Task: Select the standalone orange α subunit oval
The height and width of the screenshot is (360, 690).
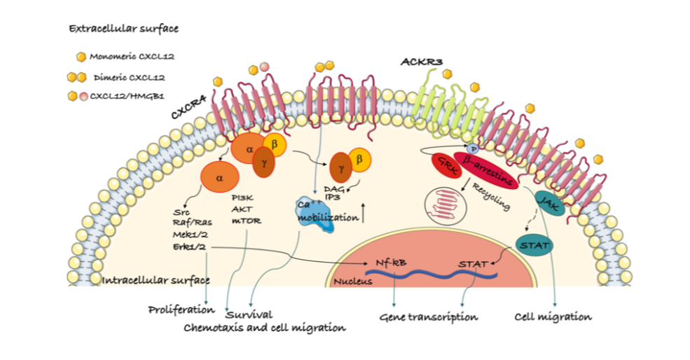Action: pos(219,179)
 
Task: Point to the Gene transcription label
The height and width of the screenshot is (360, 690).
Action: pos(428,317)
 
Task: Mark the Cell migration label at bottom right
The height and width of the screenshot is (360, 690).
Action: pos(553,317)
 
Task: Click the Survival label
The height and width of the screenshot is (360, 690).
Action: pos(249,314)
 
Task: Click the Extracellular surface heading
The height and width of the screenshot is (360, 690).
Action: pos(123,29)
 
